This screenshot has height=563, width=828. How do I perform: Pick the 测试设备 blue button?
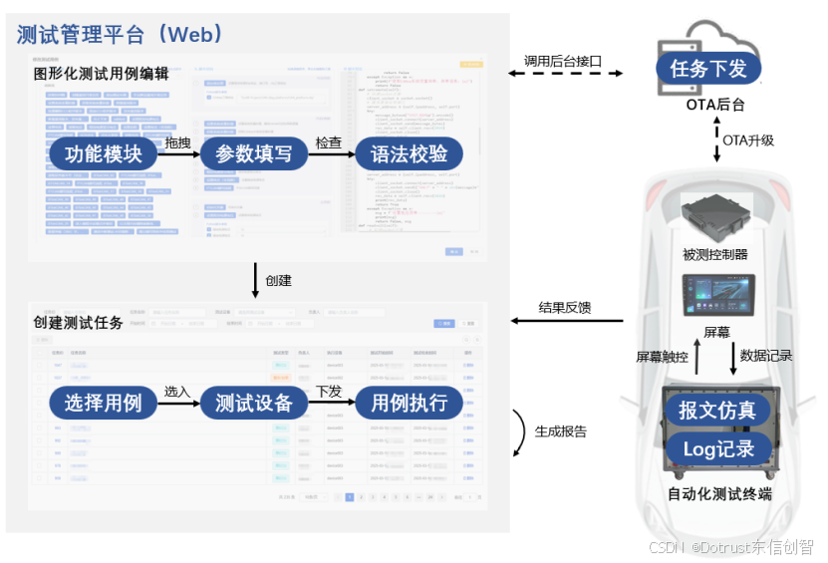click(x=254, y=403)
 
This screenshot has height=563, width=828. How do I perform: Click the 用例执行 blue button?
click(x=409, y=403)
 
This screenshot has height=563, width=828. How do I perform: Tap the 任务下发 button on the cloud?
click(x=707, y=68)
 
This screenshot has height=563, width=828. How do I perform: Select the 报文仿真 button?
click(x=717, y=410)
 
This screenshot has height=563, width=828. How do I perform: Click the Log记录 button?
click(x=717, y=448)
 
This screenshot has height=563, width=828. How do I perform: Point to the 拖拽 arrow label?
click(x=177, y=143)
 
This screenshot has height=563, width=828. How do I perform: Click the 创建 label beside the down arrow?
click(x=278, y=280)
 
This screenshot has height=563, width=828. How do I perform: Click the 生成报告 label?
click(x=560, y=431)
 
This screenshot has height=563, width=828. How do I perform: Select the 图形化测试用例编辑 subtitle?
click(x=101, y=73)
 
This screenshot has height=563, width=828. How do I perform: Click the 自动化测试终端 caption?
click(x=718, y=493)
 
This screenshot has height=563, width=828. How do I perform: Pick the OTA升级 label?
click(x=747, y=141)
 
